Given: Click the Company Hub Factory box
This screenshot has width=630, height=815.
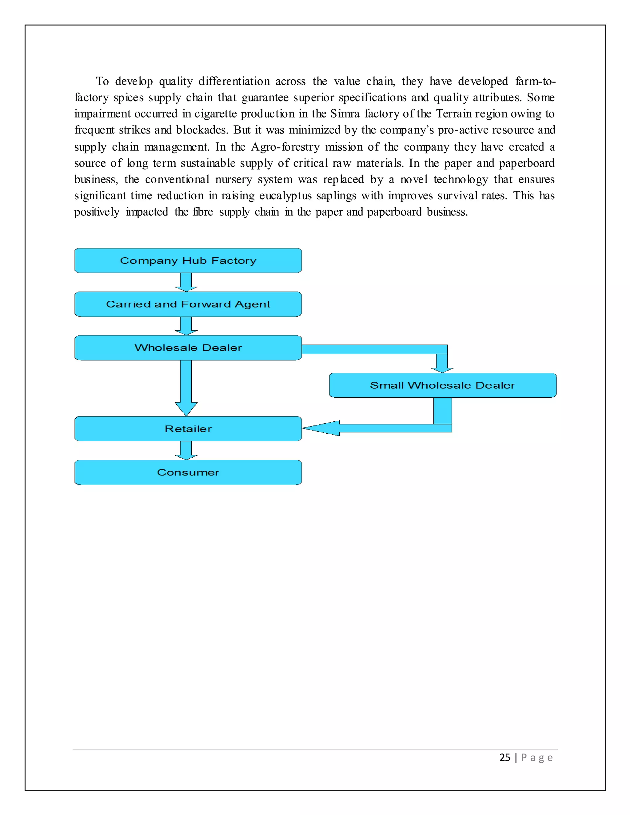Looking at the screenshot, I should pos(188,260).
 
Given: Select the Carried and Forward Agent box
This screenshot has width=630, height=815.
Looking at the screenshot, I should pos(188,304).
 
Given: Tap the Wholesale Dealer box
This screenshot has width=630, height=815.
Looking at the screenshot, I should pos(188,348).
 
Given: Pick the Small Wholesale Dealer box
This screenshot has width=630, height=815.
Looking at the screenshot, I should pos(443,385).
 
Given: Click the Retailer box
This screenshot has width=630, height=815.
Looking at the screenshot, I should pos(188,429).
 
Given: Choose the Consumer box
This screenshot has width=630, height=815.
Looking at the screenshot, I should pos(188,472).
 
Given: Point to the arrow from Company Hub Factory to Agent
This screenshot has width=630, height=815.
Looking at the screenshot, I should pos(186,282).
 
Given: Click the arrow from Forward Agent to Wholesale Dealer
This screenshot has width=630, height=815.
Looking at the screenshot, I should pos(186,326).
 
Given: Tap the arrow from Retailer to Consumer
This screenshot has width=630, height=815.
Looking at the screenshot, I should pos(186,451).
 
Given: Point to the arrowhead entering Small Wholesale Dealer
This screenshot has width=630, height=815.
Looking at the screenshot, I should pos(442,369).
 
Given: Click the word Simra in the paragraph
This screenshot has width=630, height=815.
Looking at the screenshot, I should pos(345,113).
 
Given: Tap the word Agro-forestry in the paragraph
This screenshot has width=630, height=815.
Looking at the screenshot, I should pos(285,147).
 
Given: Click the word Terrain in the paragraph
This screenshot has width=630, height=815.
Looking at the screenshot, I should pos(454,113).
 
